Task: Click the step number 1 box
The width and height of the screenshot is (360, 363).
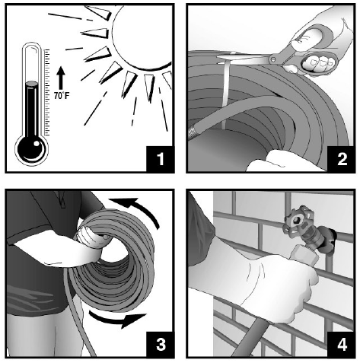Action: [161, 159]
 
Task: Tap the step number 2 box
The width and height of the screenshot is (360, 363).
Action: [341, 159]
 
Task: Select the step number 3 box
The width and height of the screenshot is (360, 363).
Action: [161, 344]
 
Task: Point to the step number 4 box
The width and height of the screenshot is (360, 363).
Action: [341, 344]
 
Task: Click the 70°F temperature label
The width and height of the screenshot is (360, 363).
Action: [62, 96]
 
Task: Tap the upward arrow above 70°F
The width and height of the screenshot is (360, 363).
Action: [61, 78]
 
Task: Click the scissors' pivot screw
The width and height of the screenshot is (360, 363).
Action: [273, 59]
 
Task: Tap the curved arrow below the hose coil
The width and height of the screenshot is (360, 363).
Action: [117, 320]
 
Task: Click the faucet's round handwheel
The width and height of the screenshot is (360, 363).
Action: [298, 220]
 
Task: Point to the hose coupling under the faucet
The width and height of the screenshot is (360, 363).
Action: [303, 254]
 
